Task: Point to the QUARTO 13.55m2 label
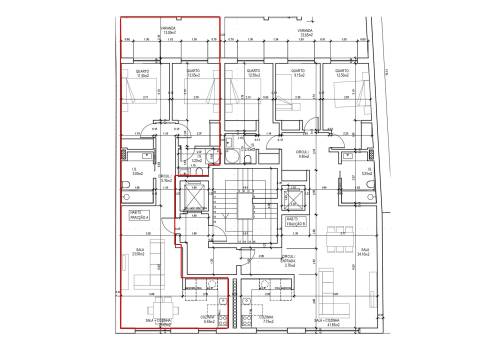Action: [342, 73]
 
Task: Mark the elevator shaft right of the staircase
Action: [294, 195]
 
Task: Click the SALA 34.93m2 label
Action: [366, 250]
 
